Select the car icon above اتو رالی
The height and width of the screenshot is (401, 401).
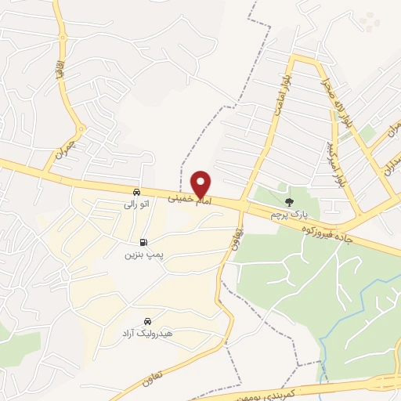(136, 192)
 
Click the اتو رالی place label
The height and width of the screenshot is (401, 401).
(136, 204)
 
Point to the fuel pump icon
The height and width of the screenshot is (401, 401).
(143, 243)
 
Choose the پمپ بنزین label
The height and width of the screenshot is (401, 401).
(143, 255)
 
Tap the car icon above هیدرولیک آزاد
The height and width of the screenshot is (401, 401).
(147, 321)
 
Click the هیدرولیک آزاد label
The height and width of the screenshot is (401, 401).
(146, 334)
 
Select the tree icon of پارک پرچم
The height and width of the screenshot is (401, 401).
(290, 201)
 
